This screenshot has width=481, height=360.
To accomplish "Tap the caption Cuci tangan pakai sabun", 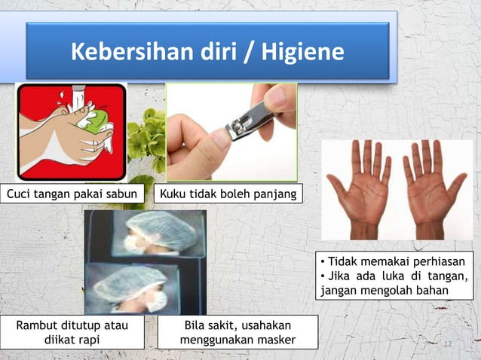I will (x=73, y=196).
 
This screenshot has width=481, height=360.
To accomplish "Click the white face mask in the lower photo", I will (x=156, y=301).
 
